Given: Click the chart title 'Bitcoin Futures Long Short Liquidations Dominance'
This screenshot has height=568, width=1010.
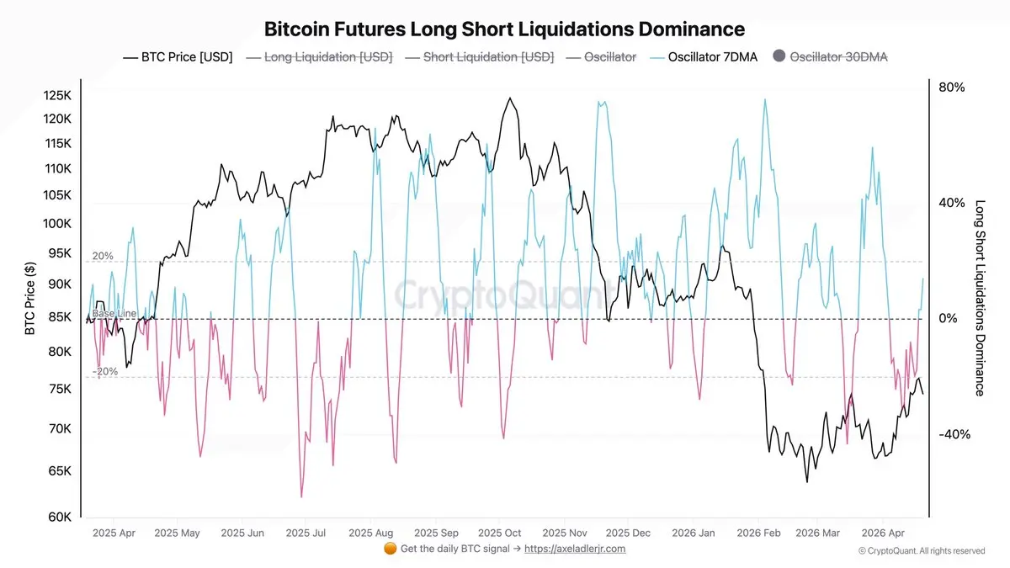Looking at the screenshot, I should [504, 29].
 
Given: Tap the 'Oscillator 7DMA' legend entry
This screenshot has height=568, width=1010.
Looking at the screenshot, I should [706, 57].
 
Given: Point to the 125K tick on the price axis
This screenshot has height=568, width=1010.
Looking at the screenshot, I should [58, 95].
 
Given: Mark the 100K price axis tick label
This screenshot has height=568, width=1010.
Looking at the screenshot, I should [58, 224].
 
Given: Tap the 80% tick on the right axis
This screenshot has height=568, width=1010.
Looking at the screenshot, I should [951, 88].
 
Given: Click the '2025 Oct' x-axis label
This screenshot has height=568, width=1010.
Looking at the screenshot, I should [500, 533].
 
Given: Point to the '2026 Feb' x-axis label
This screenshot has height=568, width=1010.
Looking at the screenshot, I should [758, 533].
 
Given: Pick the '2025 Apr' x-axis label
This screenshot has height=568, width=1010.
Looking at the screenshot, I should [114, 533].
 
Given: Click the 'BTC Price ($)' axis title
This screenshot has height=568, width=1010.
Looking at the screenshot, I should [30, 298].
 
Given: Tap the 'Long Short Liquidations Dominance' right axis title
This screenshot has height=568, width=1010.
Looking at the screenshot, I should [980, 298].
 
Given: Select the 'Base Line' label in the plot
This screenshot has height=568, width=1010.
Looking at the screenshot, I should [114, 313].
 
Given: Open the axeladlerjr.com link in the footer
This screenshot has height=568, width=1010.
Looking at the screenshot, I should [575, 549].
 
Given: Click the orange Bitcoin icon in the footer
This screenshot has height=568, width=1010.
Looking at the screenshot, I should [390, 549].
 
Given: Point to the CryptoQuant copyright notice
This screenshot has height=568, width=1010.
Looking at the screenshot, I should [922, 550].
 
